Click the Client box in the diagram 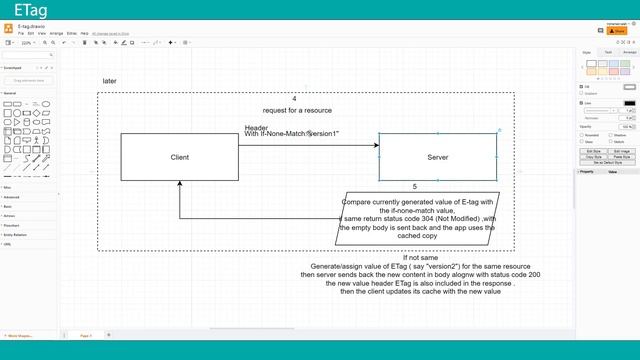(180, 158)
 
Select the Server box (437, 158)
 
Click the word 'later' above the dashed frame (110, 80)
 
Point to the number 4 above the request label (294, 99)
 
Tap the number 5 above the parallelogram (414, 187)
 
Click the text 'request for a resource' (297, 110)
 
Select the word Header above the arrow (256, 127)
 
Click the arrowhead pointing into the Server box (376, 146)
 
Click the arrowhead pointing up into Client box (180, 185)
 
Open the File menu (21, 33)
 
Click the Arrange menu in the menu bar (56, 33)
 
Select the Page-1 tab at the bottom (86, 335)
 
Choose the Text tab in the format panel (607, 52)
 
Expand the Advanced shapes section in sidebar (12, 197)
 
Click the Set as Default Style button (607, 161)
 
